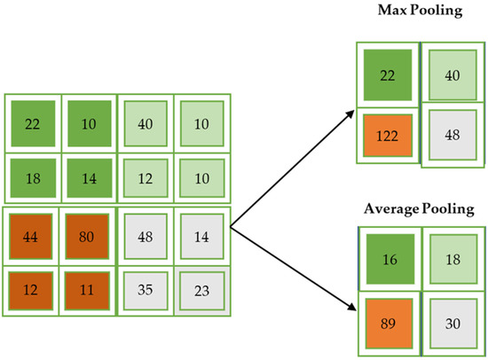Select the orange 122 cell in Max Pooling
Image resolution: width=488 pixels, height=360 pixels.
tap(386, 137)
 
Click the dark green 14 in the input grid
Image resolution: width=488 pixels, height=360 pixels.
tap(86, 177)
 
